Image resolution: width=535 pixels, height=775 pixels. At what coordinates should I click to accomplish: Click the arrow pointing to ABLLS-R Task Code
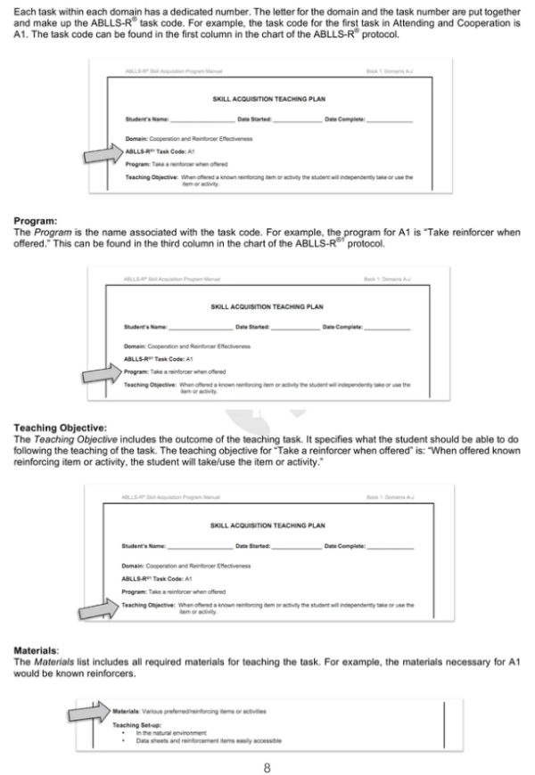pyautogui.click(x=111, y=152)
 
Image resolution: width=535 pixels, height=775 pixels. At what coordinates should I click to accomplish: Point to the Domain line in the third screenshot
pyautogui.click(x=186, y=566)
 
